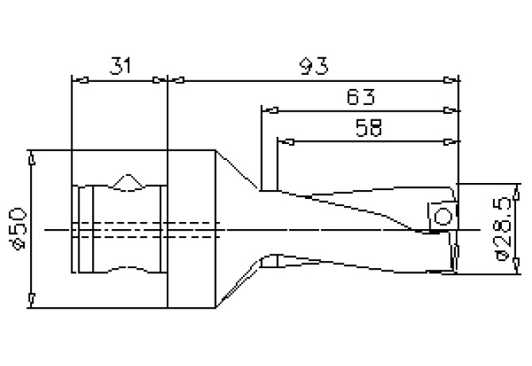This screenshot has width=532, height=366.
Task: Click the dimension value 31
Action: (120, 67)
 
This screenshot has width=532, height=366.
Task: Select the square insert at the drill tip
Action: (443, 216)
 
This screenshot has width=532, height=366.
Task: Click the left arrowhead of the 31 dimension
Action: (77, 80)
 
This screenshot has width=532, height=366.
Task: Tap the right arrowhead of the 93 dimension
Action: (453, 80)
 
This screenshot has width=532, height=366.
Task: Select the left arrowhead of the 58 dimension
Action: (283, 142)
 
